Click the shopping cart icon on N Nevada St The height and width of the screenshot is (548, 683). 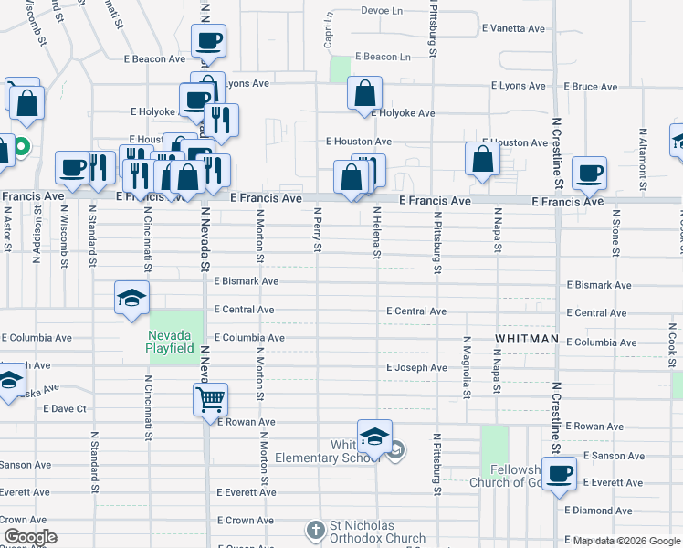tap(210, 398)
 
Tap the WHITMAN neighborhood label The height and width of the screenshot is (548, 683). tap(526, 339)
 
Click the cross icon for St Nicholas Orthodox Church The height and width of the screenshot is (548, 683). tap(315, 530)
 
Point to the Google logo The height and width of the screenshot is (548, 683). tap(29, 537)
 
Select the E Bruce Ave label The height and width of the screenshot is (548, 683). tap(591, 87)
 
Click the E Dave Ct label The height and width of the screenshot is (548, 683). tap(64, 408)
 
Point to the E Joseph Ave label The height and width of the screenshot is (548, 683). tap(416, 368)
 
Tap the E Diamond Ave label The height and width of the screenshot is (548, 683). tap(598, 511)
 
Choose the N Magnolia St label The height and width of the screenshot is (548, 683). tap(466, 365)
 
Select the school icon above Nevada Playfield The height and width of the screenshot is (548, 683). tap(131, 297)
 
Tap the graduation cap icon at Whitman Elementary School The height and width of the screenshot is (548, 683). tap(374, 437)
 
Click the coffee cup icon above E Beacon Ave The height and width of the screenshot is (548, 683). tap(208, 40)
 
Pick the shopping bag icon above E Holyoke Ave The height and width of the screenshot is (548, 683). tap(364, 92)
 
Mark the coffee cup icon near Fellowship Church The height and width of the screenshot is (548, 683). tap(558, 473)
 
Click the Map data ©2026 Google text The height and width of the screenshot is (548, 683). tap(626, 541)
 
